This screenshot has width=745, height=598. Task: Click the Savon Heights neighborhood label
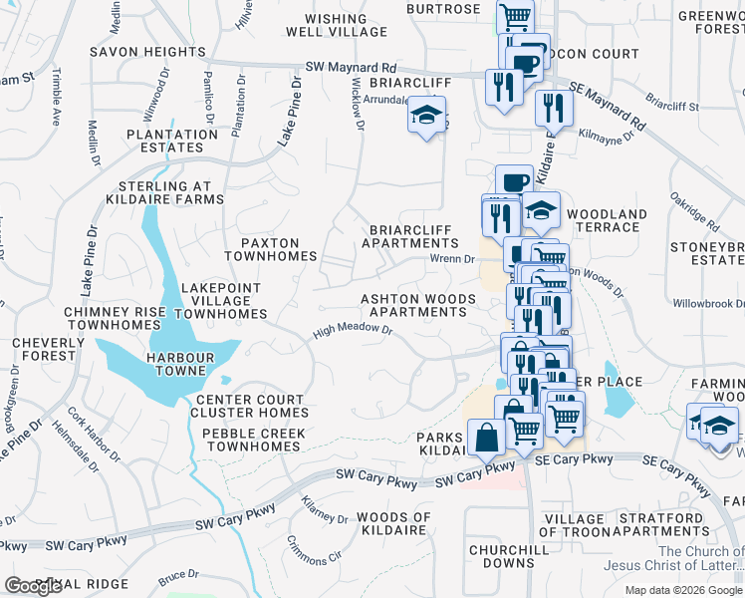(x=146, y=51)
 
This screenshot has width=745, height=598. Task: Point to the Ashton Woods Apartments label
(x=413, y=305)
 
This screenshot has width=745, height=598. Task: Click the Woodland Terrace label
(x=606, y=220)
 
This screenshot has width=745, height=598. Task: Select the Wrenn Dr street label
(x=453, y=259)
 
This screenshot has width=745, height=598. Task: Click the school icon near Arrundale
(x=425, y=117)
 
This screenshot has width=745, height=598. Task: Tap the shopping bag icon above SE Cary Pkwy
(x=485, y=438)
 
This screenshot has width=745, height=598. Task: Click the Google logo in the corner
(x=33, y=586)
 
